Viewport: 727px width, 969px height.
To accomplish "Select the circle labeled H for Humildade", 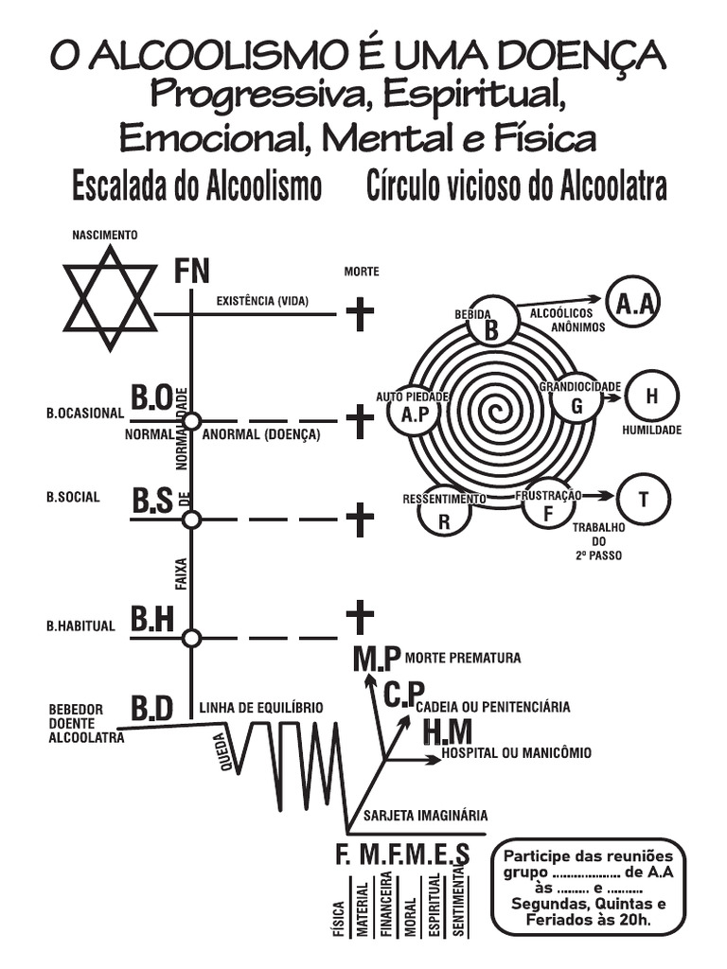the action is pyautogui.click(x=651, y=396).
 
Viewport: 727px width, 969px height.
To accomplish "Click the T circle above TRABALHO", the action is pyautogui.click(x=644, y=499).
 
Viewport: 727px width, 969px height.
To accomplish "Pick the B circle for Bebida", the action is pyautogui.click(x=491, y=320).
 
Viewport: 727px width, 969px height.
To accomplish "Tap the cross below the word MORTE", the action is pyautogui.click(x=360, y=314).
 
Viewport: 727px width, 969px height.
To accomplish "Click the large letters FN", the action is pyautogui.click(x=191, y=271).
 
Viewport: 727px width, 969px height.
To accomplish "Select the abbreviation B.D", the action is pyautogui.click(x=151, y=708).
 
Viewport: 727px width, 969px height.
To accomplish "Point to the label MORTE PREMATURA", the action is pyautogui.click(x=462, y=658).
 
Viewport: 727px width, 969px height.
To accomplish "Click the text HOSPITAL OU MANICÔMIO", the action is pyautogui.click(x=516, y=752).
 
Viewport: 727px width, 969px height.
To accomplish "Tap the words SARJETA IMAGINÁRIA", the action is pyautogui.click(x=425, y=815).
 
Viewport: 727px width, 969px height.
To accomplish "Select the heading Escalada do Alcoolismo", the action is pyautogui.click(x=197, y=185).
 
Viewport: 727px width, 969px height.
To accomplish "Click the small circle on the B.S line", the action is pyautogui.click(x=191, y=520).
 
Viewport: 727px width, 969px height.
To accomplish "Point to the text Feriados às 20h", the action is pyautogui.click(x=588, y=920).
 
